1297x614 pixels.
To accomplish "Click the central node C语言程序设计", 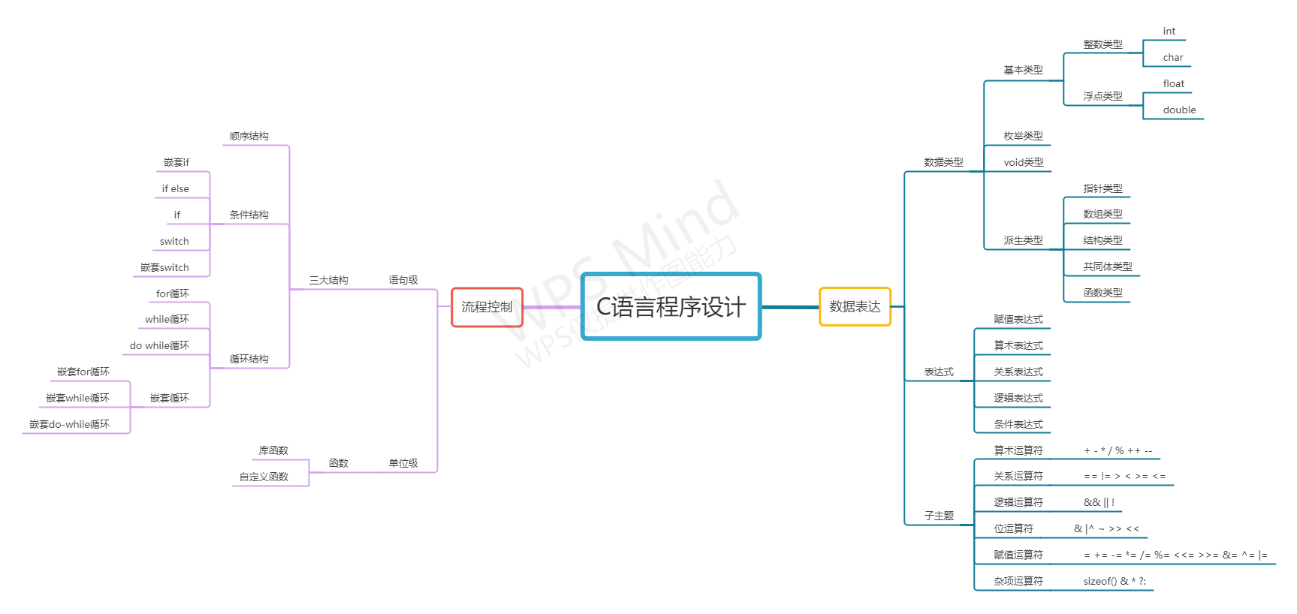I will [x=671, y=306].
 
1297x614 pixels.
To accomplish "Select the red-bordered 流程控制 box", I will [x=487, y=307].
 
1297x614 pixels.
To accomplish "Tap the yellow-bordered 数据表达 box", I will [x=855, y=306].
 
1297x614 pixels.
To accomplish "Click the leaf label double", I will [x=1179, y=110].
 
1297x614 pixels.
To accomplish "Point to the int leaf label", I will [x=1169, y=31].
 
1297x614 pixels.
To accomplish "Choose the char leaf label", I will [x=1172, y=57].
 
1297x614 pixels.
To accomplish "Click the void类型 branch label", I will [x=1024, y=162].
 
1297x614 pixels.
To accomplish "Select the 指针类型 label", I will [x=1102, y=188].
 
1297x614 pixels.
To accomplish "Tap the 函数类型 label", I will [x=1102, y=293].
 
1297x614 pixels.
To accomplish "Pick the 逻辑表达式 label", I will [x=1018, y=398].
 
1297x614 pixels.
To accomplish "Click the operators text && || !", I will [x=1099, y=502].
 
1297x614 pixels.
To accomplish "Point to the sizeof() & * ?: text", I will [x=1115, y=581].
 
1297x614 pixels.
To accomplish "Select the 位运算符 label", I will [x=1013, y=528].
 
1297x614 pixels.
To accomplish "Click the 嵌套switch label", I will [x=164, y=267].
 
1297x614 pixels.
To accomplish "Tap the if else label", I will [x=175, y=188].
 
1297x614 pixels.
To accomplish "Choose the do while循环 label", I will [x=159, y=345].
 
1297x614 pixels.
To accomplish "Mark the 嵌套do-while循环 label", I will [x=69, y=424].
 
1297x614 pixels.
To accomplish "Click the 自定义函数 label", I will [x=264, y=477].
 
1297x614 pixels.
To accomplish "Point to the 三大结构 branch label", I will [x=328, y=280].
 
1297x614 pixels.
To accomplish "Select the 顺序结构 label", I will [x=249, y=136].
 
